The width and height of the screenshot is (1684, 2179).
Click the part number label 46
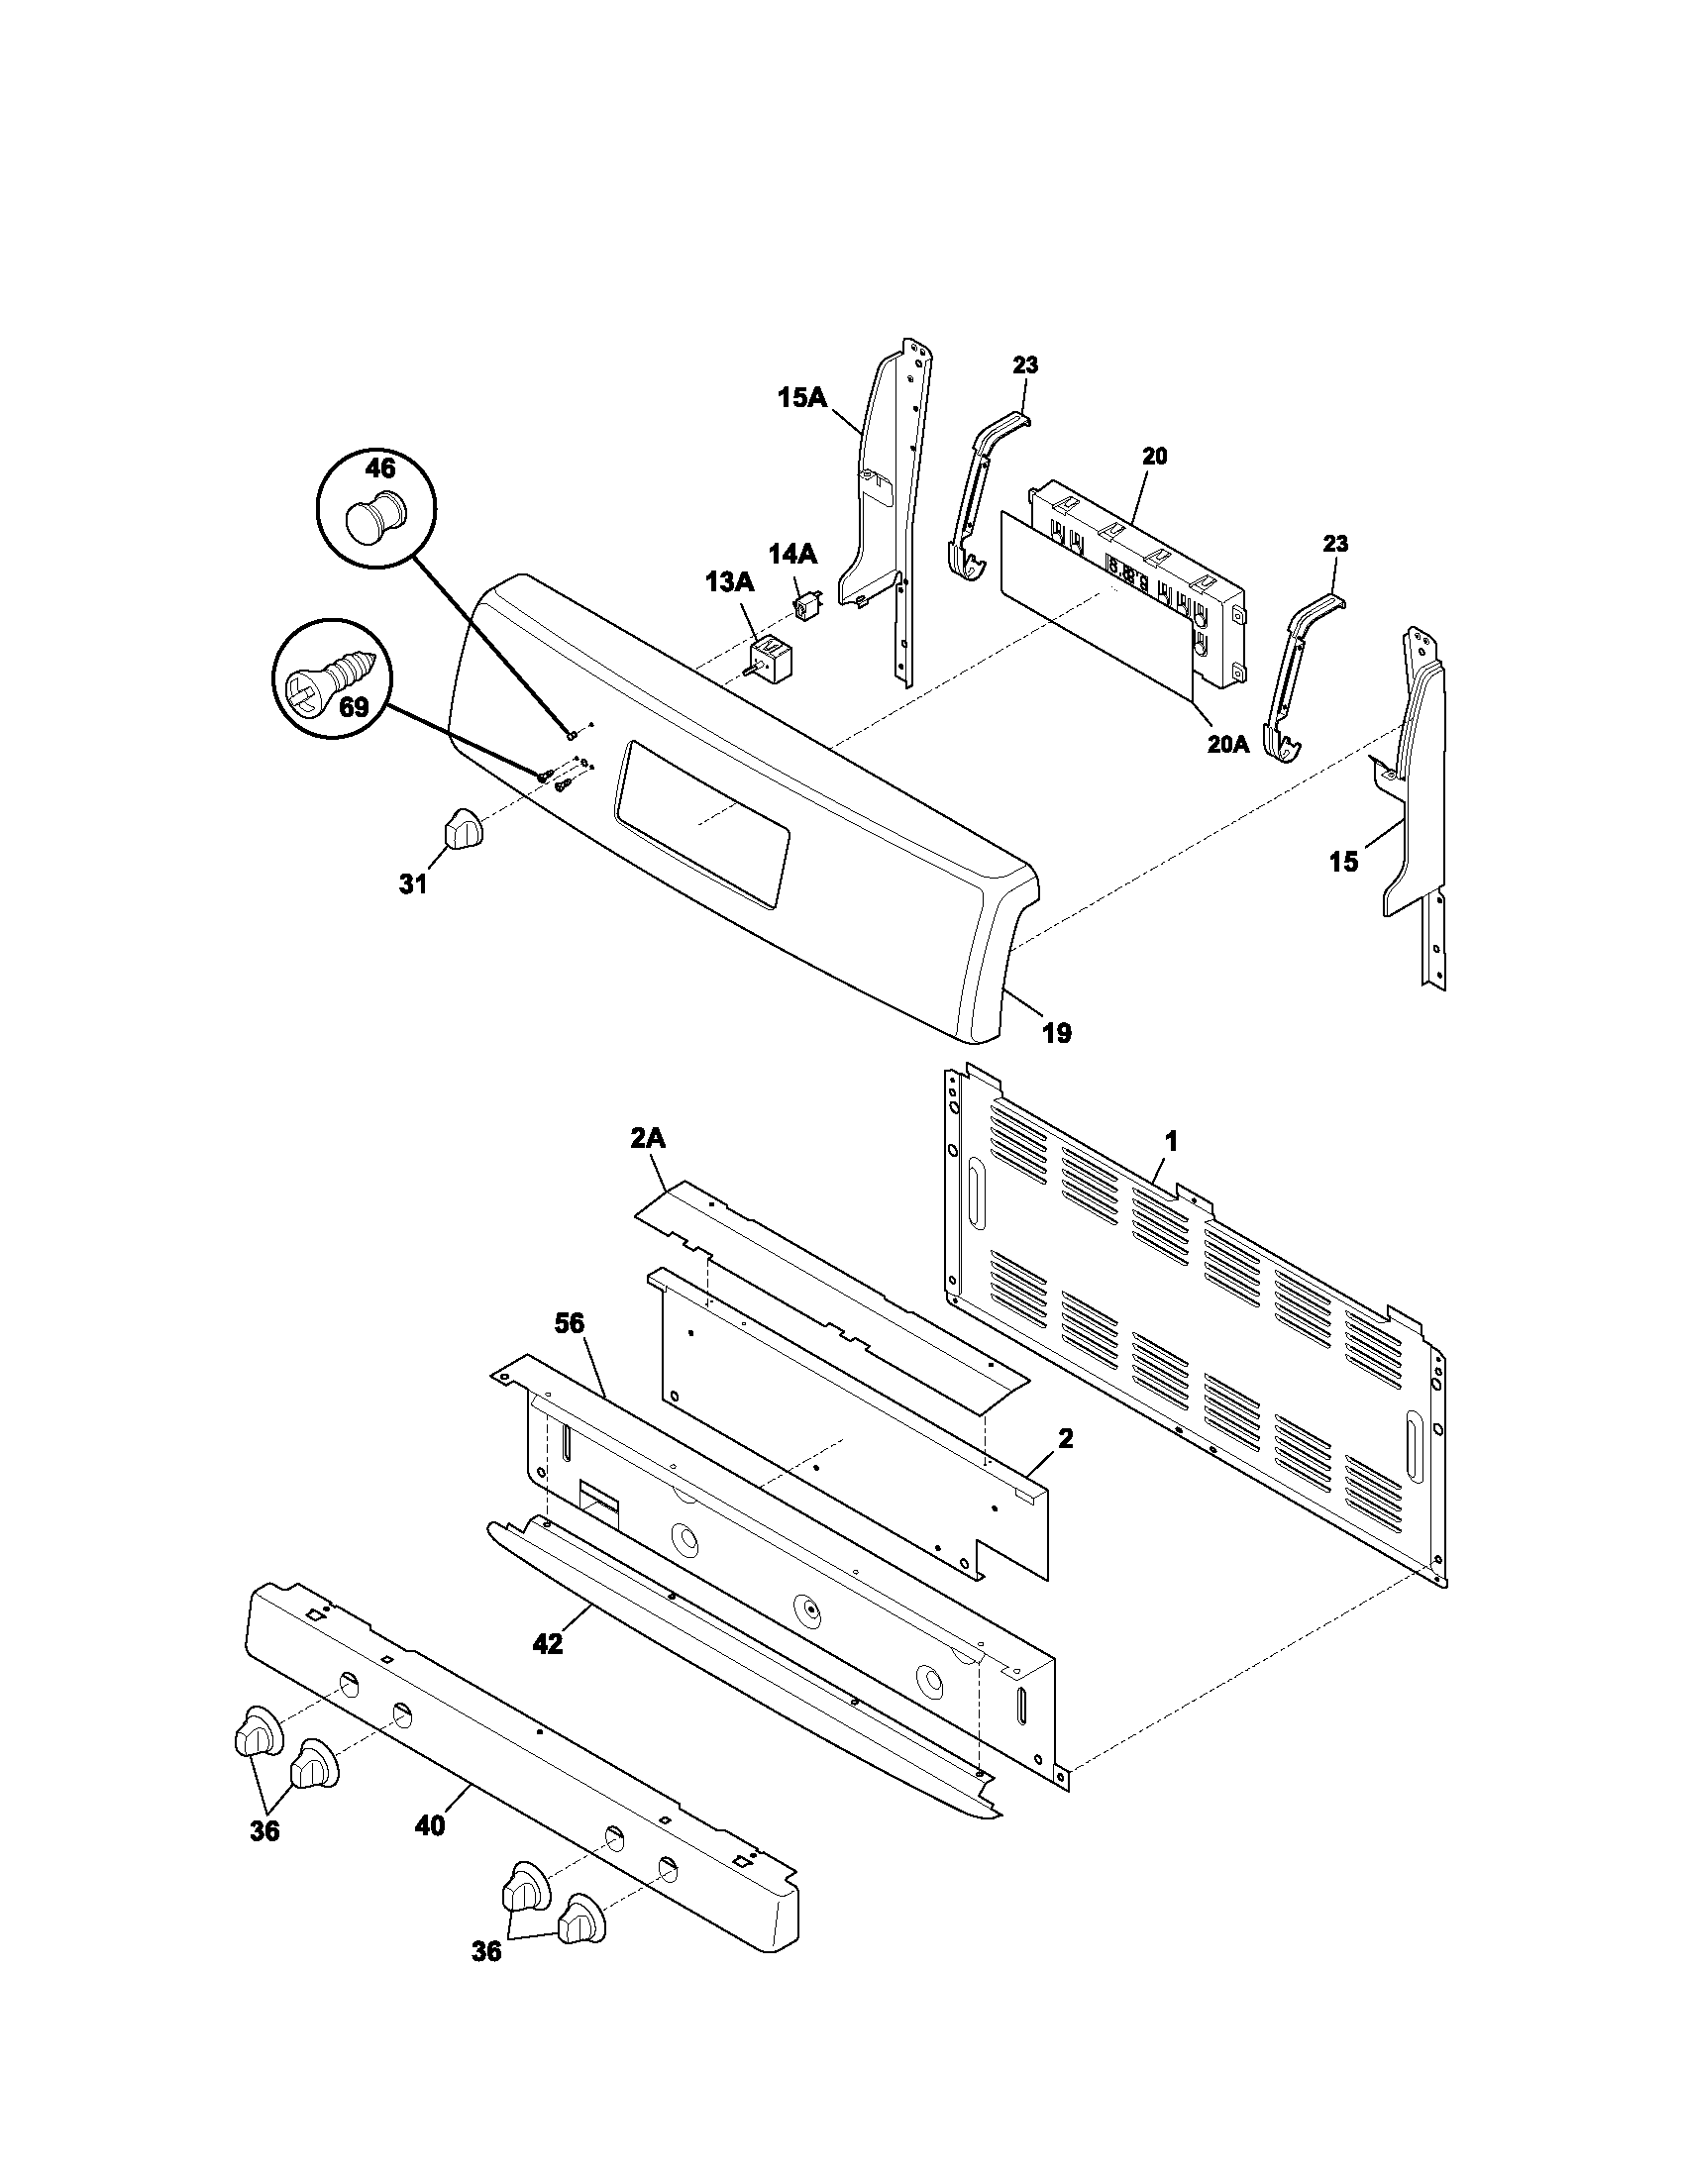click(x=380, y=468)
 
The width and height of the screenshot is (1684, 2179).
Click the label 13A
click(x=730, y=582)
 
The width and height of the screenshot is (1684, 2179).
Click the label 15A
click(x=802, y=398)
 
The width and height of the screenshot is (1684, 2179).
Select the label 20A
click(x=1227, y=744)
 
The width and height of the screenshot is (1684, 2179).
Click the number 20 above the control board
click(x=1154, y=457)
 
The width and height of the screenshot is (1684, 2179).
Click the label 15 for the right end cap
click(x=1344, y=862)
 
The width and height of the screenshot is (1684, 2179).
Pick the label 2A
click(x=648, y=1138)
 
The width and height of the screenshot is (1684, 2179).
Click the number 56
click(x=570, y=1324)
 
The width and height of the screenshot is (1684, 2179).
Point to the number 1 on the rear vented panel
click(x=1172, y=1140)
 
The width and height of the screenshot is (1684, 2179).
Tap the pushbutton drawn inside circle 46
click(x=374, y=517)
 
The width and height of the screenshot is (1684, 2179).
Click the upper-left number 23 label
click(x=1025, y=366)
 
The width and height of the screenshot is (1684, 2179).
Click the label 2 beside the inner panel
click(x=1066, y=1439)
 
